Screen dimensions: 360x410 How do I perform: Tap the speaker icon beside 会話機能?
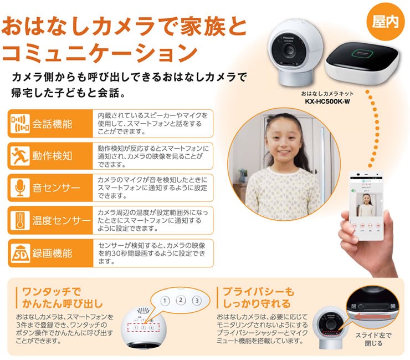19,124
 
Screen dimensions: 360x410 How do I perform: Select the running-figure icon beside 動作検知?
19,156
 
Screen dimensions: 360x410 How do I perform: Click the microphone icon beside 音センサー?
19,188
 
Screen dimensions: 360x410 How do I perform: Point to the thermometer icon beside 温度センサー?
19,221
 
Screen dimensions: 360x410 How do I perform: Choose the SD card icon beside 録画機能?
19,253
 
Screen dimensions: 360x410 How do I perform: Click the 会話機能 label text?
52,124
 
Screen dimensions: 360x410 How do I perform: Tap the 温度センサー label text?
60,221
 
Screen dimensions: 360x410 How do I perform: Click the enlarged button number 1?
164,301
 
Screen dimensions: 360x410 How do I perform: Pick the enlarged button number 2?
180,301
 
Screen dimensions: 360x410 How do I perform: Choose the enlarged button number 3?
196,301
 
